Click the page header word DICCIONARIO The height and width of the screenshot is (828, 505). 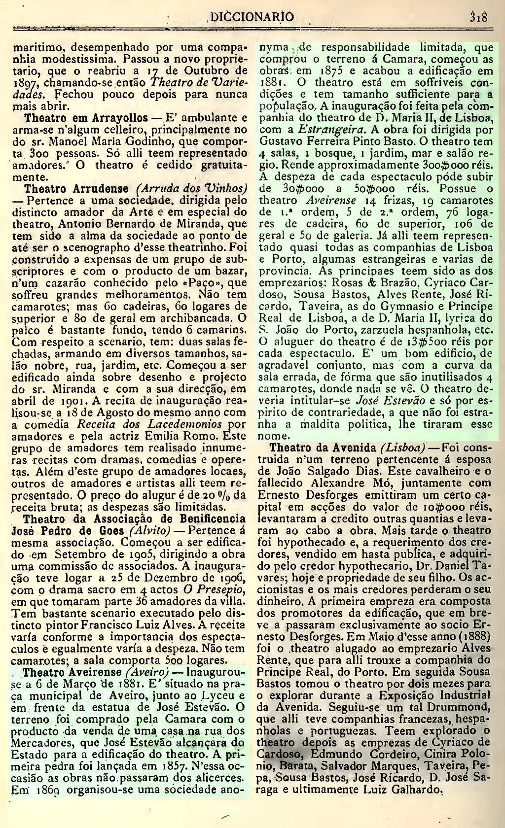click(x=252, y=17)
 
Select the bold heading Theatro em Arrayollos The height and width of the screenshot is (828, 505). click(x=86, y=118)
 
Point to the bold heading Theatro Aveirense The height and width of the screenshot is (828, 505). click(x=72, y=673)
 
